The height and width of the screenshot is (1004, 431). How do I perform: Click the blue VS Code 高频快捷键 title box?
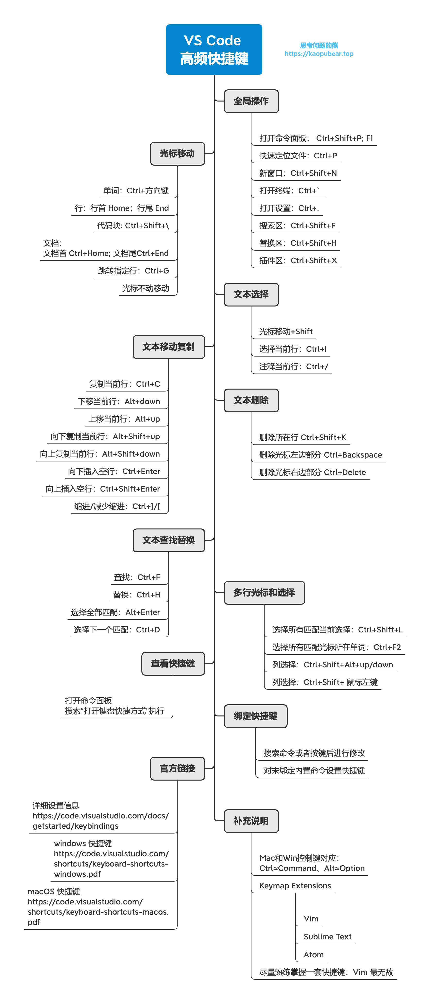(214, 50)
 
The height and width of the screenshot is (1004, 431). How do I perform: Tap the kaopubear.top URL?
(319, 54)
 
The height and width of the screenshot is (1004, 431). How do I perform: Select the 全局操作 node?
(251, 101)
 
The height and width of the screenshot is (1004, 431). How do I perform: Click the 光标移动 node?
(177, 153)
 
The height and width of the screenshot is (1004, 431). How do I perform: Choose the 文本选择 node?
(251, 295)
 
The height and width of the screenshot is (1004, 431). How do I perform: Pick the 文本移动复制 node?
(169, 347)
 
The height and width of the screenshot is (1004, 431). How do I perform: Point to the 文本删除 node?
(251, 400)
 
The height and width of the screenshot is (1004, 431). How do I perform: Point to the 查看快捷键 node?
(173, 663)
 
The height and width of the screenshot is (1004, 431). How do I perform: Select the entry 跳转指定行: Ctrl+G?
(133, 271)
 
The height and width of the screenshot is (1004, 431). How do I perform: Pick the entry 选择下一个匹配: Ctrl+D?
(117, 630)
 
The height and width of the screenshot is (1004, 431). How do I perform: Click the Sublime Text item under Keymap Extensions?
(327, 936)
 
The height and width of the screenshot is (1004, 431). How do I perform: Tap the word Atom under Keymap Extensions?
(314, 954)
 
